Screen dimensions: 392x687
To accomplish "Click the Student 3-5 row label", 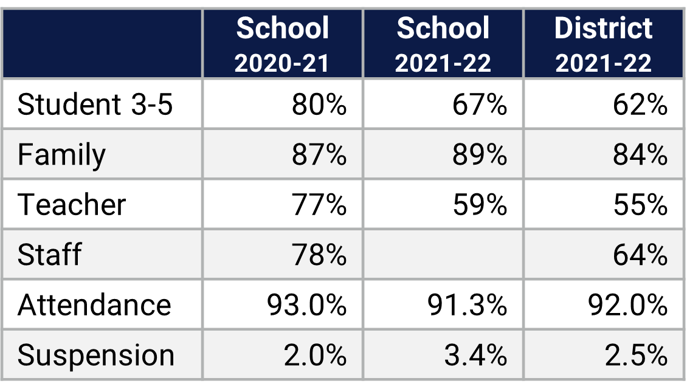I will pos(95,105).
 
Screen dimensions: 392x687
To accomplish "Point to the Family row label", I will pos(61,154).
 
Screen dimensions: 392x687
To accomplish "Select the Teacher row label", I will pos(72,205).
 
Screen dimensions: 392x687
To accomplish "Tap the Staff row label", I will pos(49,255).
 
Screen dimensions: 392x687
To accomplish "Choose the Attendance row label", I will pos(94,304).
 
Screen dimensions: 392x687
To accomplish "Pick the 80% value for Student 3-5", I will pos(319,105).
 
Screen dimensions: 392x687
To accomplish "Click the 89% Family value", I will pos(479,154).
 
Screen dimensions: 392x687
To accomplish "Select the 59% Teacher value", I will pos(479,205).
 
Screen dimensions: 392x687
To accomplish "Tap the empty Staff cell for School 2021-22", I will pos(443,255).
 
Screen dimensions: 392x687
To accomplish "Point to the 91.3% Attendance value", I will pos(467,304).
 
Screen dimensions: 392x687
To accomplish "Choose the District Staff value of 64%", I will pos(640,255).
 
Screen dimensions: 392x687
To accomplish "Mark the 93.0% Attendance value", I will pos(306,304).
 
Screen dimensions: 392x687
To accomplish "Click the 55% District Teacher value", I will pos(640,205).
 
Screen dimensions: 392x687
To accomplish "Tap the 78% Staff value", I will pos(319,255).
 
